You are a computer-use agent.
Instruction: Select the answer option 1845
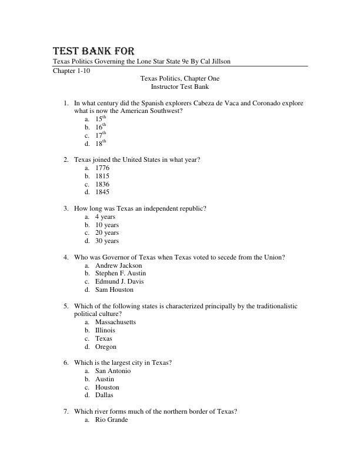coord(102,192)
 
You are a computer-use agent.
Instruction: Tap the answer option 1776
coord(102,168)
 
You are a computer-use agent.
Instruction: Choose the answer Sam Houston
coord(114,289)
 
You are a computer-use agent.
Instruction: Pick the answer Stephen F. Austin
coord(121,273)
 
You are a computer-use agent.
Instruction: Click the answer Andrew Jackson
coord(118,265)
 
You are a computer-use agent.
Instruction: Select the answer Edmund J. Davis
coord(118,281)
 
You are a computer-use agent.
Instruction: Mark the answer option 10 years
coord(106,225)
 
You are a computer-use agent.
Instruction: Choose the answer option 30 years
coord(106,241)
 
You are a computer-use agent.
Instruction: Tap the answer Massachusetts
coord(115,322)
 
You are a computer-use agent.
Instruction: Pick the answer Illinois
coord(105,330)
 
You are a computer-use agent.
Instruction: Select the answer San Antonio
coord(113,371)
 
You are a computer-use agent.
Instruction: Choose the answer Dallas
coord(104,395)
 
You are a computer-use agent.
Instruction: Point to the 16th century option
coord(101,127)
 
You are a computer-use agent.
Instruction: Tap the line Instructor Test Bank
coord(179,86)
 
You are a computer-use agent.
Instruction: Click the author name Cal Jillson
coord(214,62)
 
